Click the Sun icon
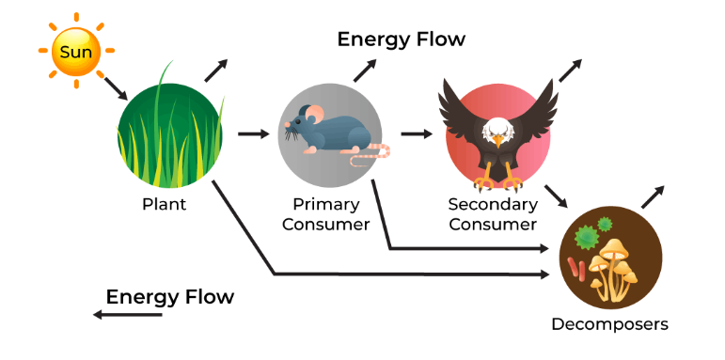pyautogui.click(x=75, y=52)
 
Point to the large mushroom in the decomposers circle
pyautogui.click(x=616, y=254)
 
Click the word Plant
pyautogui.click(x=164, y=204)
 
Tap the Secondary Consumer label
pyautogui.click(x=493, y=214)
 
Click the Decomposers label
pyautogui.click(x=610, y=324)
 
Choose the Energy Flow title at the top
pyautogui.click(x=402, y=39)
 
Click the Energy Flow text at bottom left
pyautogui.click(x=169, y=297)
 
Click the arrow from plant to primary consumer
pyautogui.click(x=253, y=133)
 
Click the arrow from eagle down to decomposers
pyautogui.click(x=556, y=195)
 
